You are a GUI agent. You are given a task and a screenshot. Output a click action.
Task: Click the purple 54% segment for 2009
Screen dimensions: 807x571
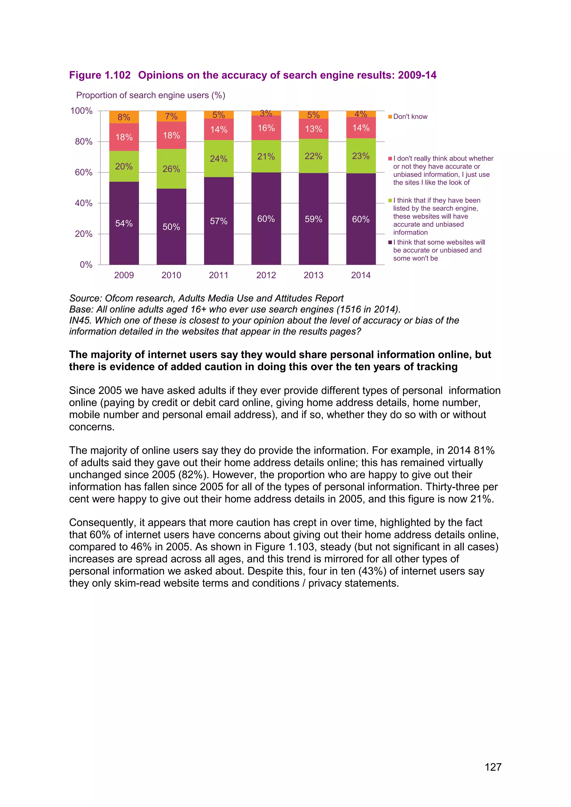[x=124, y=223]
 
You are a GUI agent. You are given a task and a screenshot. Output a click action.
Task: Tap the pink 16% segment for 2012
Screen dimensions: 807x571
[x=266, y=128]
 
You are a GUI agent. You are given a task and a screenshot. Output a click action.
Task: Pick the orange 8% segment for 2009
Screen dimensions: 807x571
[x=124, y=117]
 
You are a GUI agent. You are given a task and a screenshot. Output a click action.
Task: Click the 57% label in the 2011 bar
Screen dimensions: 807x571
[x=219, y=221]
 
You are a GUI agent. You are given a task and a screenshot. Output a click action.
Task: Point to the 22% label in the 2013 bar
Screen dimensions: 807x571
[x=313, y=156]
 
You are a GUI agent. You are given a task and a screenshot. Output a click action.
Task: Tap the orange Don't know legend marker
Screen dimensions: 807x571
[x=390, y=117]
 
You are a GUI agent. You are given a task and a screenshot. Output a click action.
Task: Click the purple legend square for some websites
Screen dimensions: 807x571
[x=390, y=242]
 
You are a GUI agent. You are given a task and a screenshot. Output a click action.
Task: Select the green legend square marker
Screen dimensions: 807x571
[x=390, y=201]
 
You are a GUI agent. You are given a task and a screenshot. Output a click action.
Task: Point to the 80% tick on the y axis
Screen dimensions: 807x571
[x=84, y=142]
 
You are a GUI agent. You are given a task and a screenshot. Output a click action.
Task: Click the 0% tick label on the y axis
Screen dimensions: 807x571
[x=86, y=265]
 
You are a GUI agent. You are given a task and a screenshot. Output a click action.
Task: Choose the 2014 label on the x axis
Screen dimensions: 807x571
[x=361, y=275]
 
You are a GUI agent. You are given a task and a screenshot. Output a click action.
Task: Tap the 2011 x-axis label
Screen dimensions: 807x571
[x=219, y=275]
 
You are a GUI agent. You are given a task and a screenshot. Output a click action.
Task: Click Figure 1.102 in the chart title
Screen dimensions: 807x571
[x=100, y=75]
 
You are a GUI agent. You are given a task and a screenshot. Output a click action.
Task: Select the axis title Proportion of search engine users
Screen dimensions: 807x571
[x=151, y=95]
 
